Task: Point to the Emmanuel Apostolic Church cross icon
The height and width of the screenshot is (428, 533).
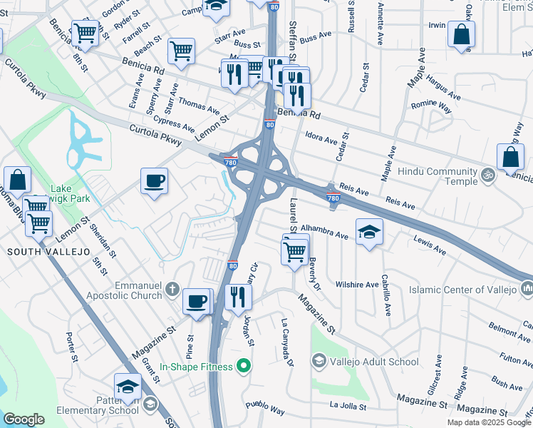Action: tap(172, 290)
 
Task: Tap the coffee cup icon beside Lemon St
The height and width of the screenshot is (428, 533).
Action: tap(154, 182)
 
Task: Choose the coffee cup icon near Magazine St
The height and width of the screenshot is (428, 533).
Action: tap(197, 300)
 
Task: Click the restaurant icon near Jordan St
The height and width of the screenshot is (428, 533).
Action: tap(238, 296)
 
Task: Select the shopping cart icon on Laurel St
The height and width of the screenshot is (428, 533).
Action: tap(295, 250)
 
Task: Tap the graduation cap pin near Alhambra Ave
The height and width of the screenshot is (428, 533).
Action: tap(369, 232)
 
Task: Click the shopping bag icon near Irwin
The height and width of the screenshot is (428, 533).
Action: tap(462, 34)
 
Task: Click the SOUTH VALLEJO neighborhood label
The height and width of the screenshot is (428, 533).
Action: tap(38, 252)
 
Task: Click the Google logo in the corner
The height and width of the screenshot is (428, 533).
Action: tap(24, 419)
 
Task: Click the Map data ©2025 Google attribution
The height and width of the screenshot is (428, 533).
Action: tap(488, 422)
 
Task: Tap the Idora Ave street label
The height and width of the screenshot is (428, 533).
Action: tap(321, 141)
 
